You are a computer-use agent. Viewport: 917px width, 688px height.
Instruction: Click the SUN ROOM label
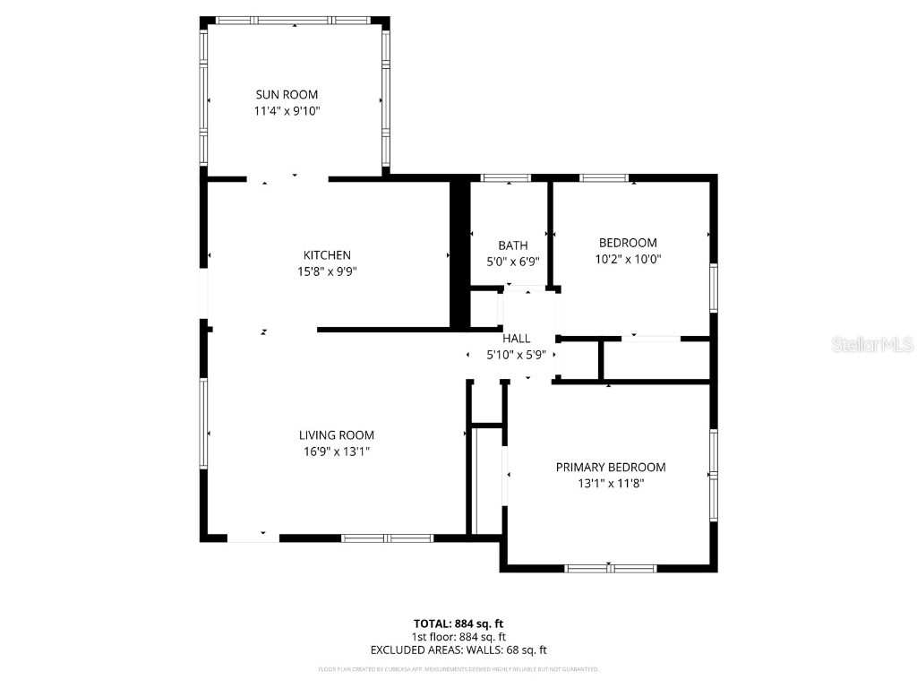click(287, 94)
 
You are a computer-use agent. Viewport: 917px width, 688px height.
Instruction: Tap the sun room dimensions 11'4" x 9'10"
click(287, 111)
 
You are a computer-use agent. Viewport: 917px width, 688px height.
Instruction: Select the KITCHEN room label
click(327, 255)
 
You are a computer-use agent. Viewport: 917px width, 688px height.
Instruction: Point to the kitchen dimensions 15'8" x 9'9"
click(327, 271)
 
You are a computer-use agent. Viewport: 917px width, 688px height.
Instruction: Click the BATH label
click(513, 245)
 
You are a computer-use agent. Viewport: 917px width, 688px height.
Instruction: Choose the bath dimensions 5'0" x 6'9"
click(513, 262)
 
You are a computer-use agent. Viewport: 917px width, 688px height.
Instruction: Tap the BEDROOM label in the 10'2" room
click(628, 243)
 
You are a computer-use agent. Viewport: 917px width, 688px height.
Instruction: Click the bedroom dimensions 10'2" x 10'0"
click(628, 259)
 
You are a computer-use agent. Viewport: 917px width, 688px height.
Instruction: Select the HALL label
click(516, 338)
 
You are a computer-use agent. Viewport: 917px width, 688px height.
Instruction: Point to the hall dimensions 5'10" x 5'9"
click(516, 354)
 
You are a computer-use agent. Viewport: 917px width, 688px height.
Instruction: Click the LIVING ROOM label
click(337, 435)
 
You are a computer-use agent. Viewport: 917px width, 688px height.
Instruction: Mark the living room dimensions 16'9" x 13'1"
click(337, 451)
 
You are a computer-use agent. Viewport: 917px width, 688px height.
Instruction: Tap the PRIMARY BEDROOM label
click(611, 467)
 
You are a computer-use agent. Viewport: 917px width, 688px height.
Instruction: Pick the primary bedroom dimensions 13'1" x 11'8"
click(611, 483)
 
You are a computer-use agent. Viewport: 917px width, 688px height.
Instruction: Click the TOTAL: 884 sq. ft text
click(458, 623)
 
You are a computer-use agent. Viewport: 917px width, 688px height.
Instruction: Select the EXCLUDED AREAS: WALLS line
click(458, 650)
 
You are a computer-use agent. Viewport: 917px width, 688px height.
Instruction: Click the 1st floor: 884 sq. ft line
click(458, 637)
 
